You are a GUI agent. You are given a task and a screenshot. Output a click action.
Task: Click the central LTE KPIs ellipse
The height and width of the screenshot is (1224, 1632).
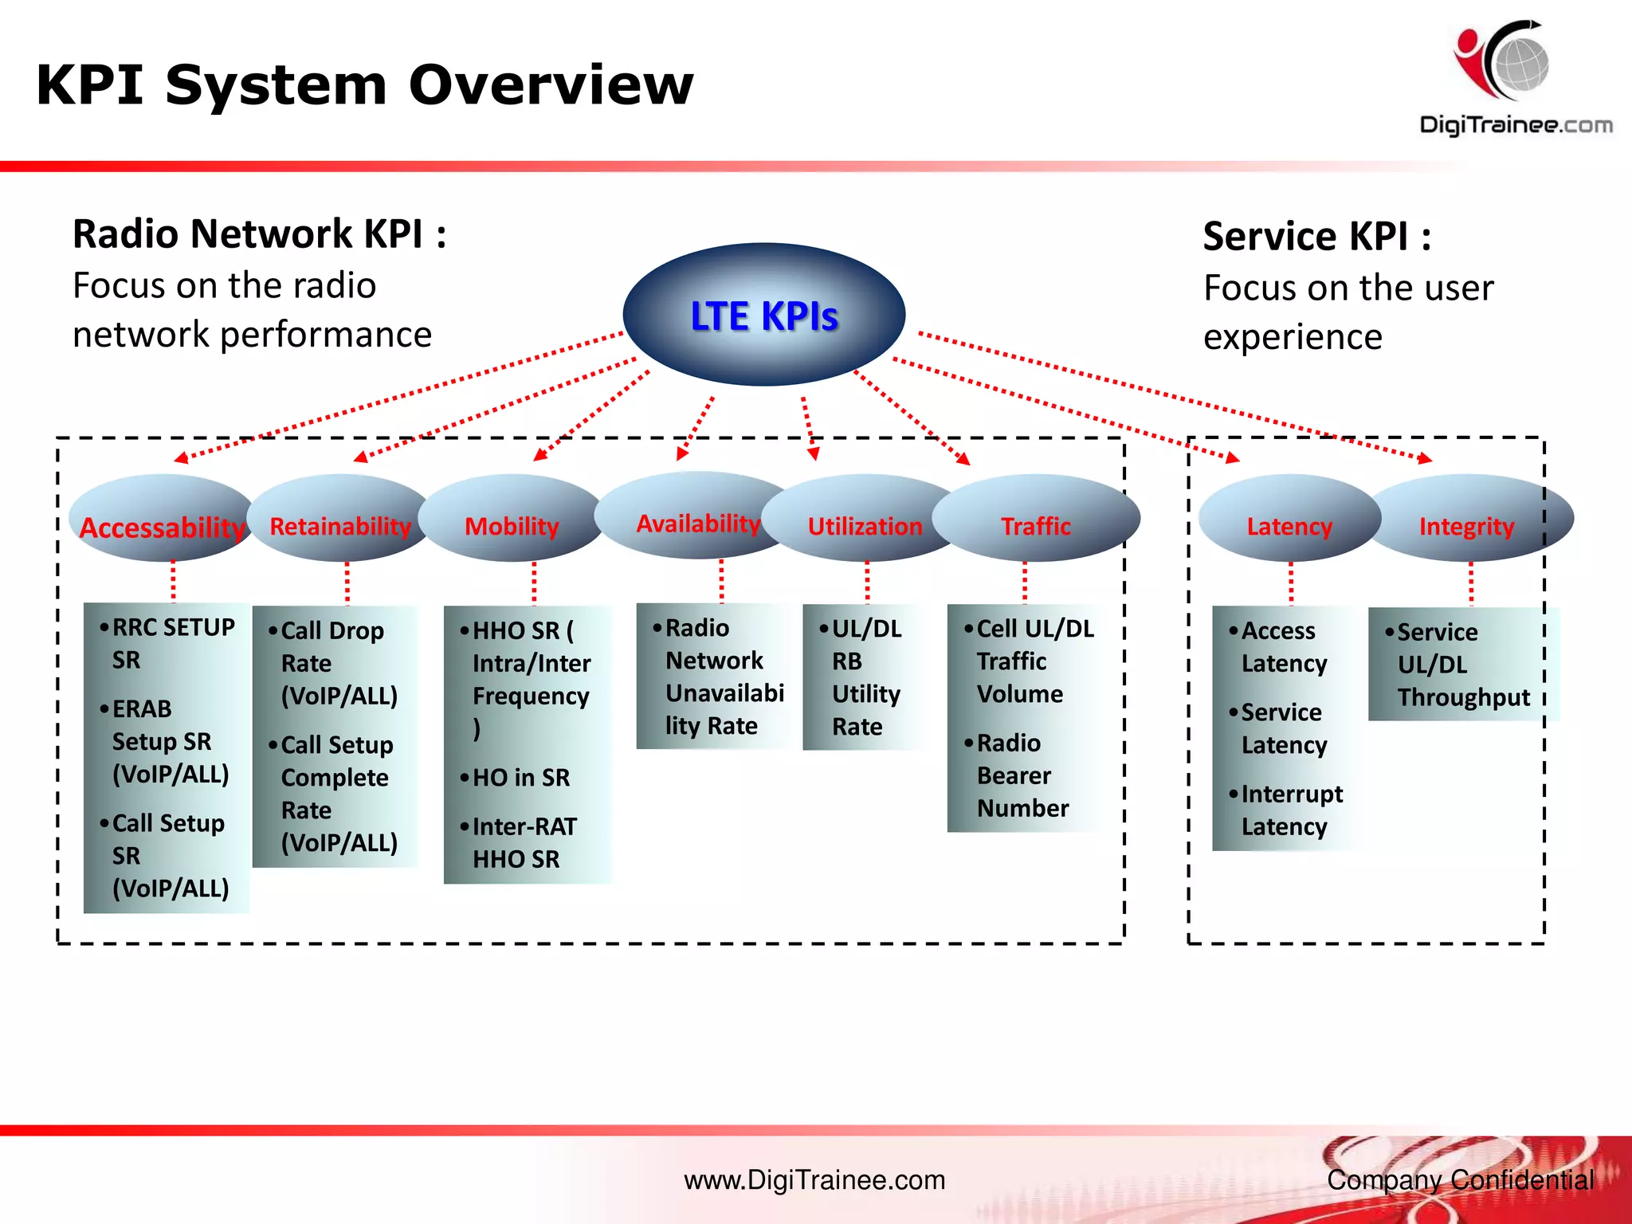[763, 315]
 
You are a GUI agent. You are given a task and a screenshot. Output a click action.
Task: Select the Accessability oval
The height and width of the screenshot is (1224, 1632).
[162, 526]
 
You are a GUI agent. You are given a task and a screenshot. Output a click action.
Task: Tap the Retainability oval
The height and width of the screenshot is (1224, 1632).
[340, 525]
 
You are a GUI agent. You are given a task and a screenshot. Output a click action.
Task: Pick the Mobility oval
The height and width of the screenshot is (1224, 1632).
[512, 525]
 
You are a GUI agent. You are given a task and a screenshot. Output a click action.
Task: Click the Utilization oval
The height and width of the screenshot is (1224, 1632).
[865, 525]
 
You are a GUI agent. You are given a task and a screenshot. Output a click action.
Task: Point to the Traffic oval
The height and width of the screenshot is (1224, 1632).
[1035, 525]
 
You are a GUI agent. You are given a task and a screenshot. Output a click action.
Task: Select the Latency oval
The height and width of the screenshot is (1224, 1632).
[1289, 525]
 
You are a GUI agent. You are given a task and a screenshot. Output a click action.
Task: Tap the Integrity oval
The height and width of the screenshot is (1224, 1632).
[1466, 525]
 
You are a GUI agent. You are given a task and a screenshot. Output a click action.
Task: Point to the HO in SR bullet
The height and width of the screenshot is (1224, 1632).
[520, 777]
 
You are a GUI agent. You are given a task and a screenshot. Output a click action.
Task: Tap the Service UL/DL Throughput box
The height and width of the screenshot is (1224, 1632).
[1462, 664]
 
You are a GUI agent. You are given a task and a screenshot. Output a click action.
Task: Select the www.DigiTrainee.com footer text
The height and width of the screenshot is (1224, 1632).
[814, 1179]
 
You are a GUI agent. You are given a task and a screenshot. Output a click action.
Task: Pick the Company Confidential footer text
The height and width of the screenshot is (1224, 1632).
[1460, 1179]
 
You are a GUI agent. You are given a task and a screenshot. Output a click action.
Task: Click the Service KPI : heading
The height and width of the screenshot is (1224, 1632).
[1316, 237]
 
